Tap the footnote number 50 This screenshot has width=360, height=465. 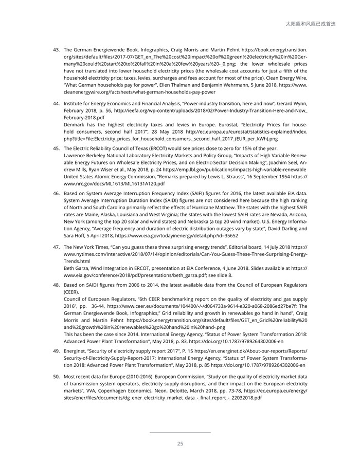coord(57,377)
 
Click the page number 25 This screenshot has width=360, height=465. coord(180,444)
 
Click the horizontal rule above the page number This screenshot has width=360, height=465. coord(180,433)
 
